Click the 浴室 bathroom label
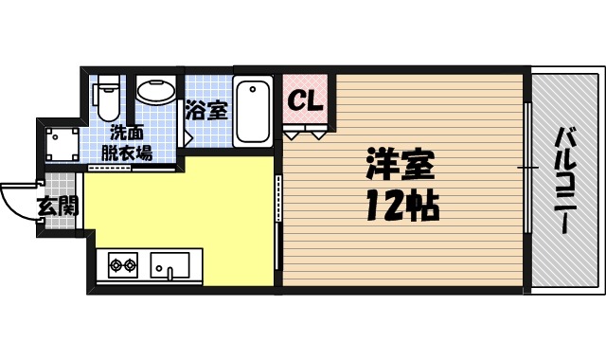point(207,109)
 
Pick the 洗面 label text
point(128,133)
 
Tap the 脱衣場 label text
point(128,153)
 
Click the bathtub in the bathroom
point(254,112)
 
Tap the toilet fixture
point(107,98)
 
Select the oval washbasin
point(154,93)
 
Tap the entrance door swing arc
point(19,202)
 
